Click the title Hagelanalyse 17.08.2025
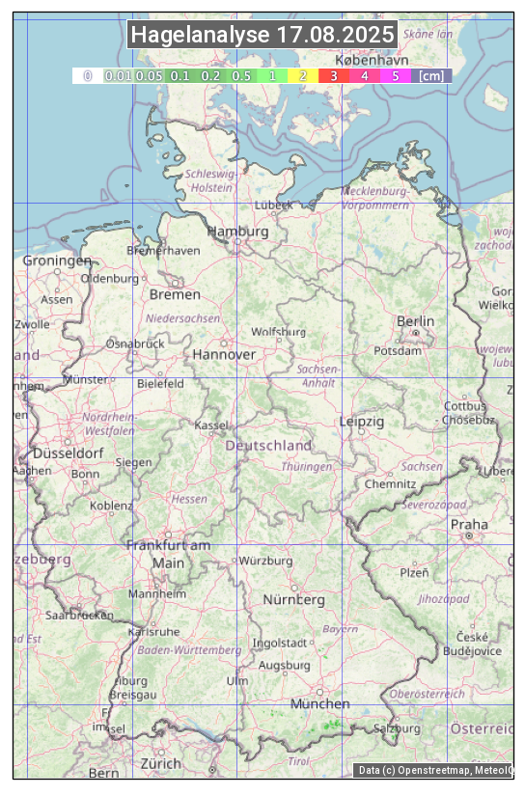coord(262,36)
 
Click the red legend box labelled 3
coord(333,75)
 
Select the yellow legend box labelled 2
coord(303,75)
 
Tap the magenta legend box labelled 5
coord(396,75)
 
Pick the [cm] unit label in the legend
coord(431,75)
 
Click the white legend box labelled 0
coord(87,75)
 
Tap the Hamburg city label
coord(237,232)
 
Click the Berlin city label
coord(415,321)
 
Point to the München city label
coord(319,703)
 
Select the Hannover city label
coord(224,354)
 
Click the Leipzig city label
coord(362,422)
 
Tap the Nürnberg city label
coord(294,599)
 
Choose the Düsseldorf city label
coord(69,453)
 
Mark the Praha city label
coord(469,525)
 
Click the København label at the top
coord(372,60)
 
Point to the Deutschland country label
coord(268,445)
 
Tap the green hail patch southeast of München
coord(333,723)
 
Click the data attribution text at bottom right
coord(434,770)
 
